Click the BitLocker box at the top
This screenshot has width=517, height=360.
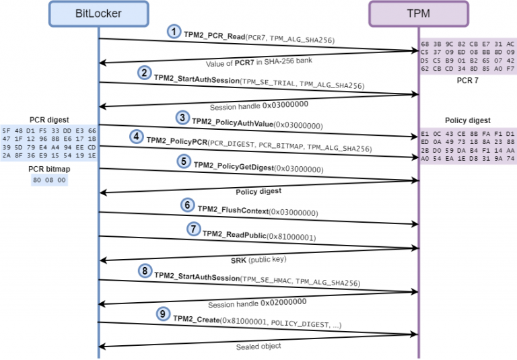click(x=99, y=13)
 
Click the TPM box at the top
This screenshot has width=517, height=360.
click(x=418, y=13)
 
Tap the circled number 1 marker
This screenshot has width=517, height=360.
click(x=174, y=32)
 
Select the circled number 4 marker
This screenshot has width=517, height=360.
click(x=137, y=137)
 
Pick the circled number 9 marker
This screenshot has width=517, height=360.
click(x=162, y=314)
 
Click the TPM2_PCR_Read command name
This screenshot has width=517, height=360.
click(x=215, y=34)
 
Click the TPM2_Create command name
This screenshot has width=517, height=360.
click(x=197, y=320)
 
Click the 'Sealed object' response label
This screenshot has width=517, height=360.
click(x=258, y=347)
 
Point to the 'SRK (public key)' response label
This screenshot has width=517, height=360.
click(x=258, y=259)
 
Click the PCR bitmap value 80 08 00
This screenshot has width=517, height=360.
click(x=49, y=180)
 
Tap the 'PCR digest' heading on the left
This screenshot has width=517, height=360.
click(x=49, y=120)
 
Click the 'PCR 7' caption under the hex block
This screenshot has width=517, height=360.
click(x=467, y=79)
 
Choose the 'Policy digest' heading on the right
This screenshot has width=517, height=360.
click(x=468, y=120)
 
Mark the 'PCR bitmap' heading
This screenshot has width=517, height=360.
click(x=49, y=170)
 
